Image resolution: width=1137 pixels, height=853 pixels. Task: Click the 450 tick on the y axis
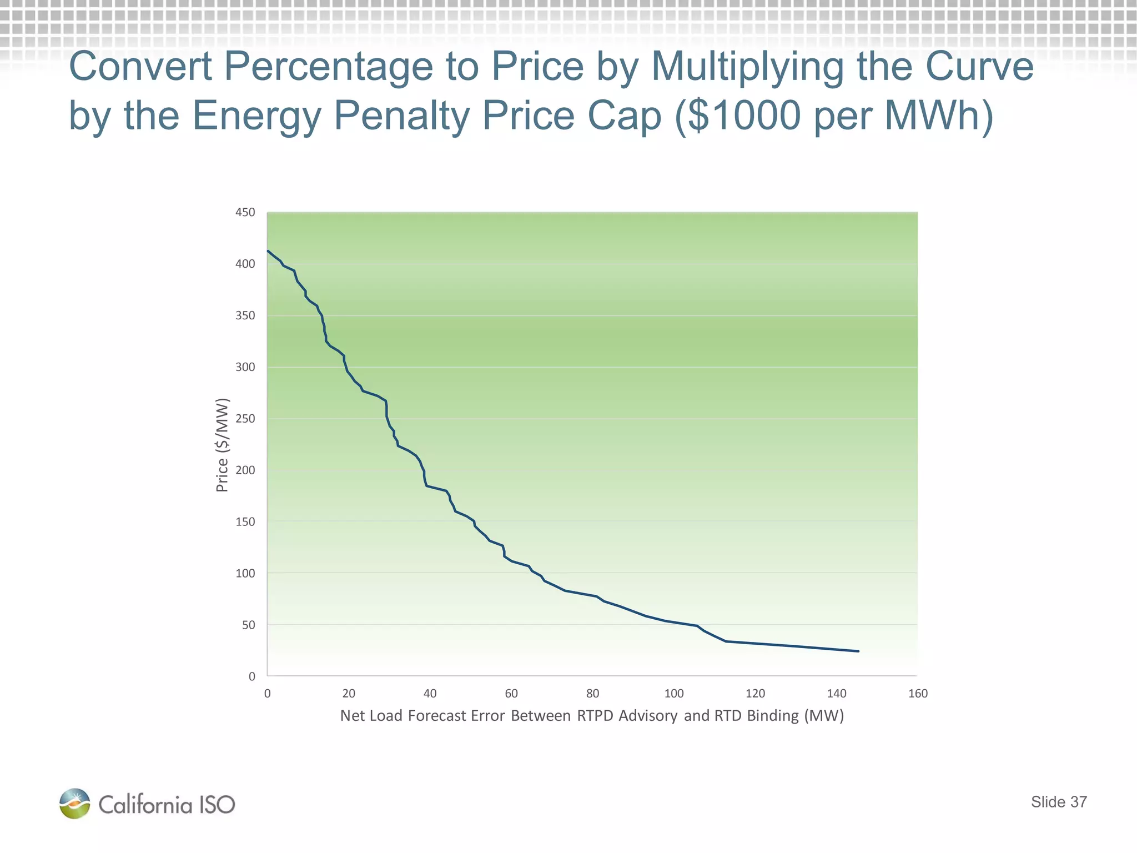[245, 213]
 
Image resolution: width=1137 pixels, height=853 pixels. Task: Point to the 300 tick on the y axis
[245, 367]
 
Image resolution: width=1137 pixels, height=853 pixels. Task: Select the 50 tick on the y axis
[248, 625]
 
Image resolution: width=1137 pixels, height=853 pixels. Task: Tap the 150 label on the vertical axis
[245, 522]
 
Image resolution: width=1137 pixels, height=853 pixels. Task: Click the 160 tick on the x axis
[918, 694]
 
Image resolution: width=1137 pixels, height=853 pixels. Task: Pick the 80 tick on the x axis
[592, 694]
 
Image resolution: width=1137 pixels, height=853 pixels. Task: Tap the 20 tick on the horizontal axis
[349, 694]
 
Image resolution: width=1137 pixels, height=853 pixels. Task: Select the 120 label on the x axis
[755, 694]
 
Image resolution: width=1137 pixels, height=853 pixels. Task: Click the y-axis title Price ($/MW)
[222, 445]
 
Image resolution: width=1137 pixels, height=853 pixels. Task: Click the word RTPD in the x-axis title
[595, 716]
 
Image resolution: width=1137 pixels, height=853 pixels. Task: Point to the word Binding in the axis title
[772, 716]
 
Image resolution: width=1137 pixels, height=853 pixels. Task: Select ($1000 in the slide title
[738, 116]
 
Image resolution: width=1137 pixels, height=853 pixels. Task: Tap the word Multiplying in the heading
[747, 67]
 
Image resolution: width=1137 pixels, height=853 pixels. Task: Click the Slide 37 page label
[1058, 802]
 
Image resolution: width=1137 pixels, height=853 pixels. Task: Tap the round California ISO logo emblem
[75, 804]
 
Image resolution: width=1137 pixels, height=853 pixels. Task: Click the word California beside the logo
[145, 805]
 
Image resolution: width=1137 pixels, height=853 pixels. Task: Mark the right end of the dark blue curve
[858, 651]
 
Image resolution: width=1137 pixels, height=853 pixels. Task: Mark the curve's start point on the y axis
[268, 251]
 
